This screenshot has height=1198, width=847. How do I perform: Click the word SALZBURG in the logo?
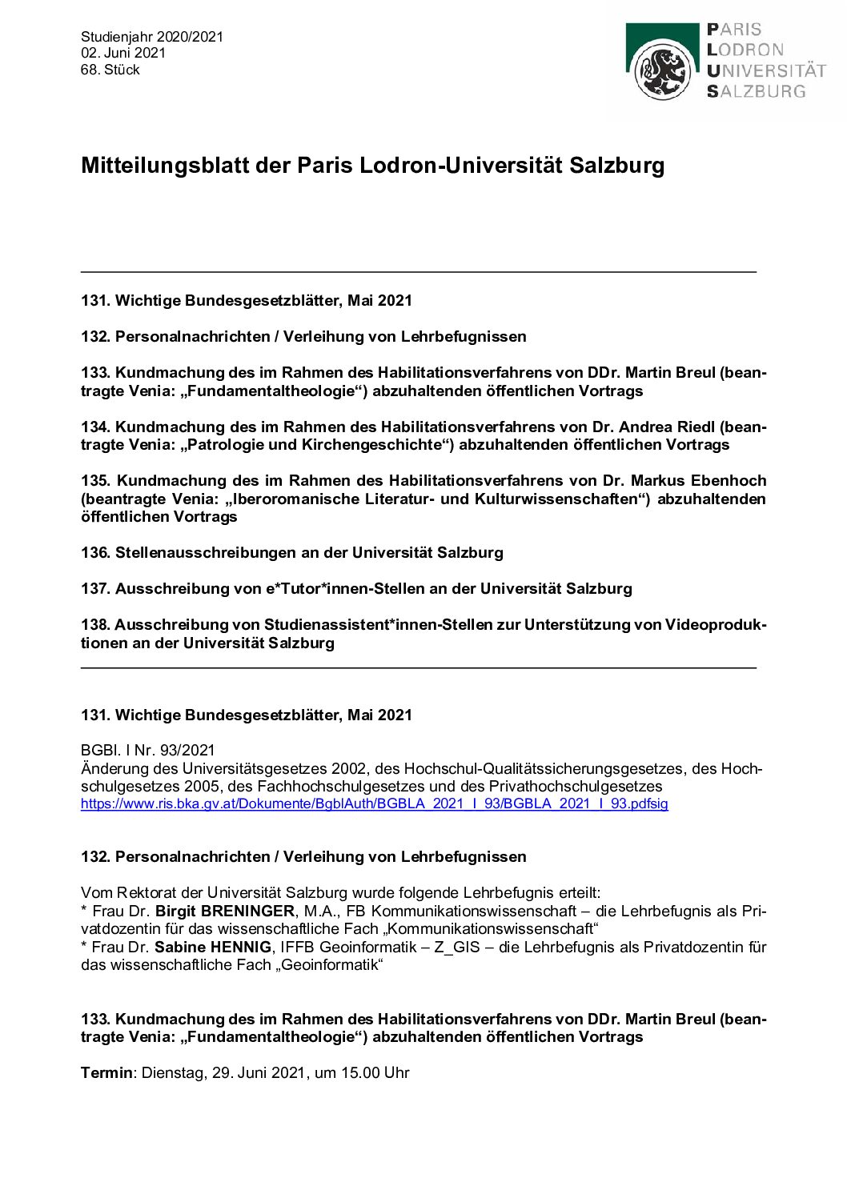(757, 91)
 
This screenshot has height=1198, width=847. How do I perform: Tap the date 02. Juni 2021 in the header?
(123, 53)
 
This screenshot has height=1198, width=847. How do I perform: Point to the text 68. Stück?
(110, 70)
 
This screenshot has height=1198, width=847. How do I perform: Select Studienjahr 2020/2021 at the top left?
(152, 37)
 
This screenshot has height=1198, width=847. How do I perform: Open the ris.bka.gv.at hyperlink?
(374, 803)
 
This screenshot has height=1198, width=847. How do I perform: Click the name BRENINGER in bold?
(247, 911)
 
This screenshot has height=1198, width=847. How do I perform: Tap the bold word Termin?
(107, 1072)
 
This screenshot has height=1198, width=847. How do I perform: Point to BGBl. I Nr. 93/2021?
(148, 750)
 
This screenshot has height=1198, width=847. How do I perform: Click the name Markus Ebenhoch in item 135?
(698, 480)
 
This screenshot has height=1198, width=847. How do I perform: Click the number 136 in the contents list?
(95, 552)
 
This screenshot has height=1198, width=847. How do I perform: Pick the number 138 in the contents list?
(95, 624)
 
